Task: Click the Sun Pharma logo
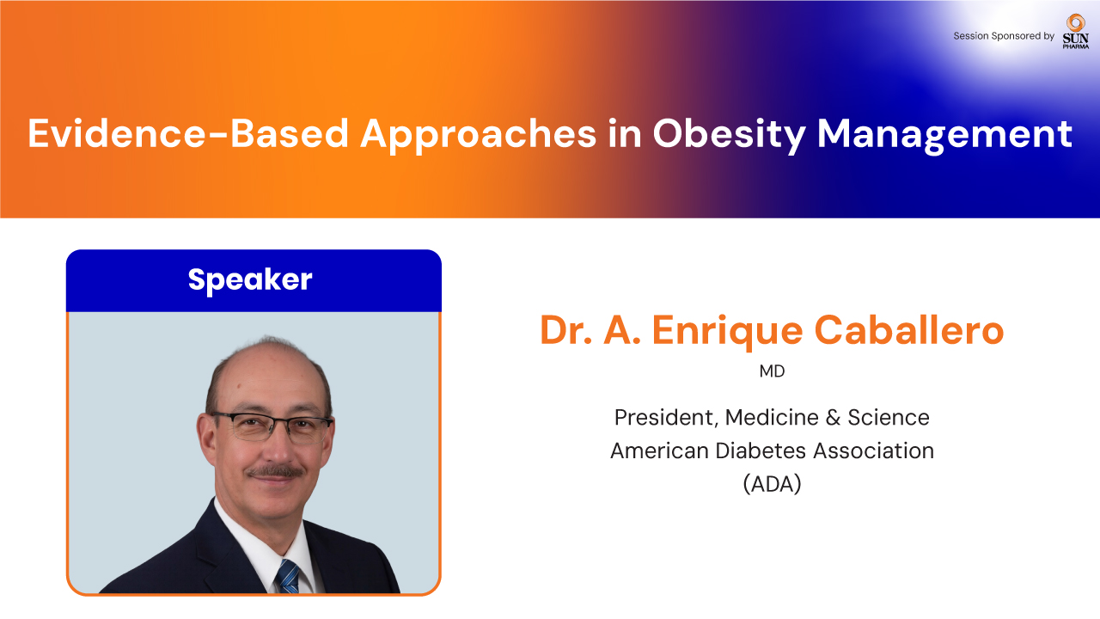click(1075, 32)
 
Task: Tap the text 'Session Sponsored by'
click(1004, 36)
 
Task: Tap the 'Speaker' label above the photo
click(250, 280)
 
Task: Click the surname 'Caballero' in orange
click(909, 329)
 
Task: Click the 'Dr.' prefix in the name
click(566, 330)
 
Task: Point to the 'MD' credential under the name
click(772, 371)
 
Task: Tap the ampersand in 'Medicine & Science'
click(833, 418)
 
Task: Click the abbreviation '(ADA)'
click(772, 484)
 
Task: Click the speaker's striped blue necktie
click(288, 576)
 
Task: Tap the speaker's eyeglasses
click(272, 426)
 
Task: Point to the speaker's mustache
click(275, 472)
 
